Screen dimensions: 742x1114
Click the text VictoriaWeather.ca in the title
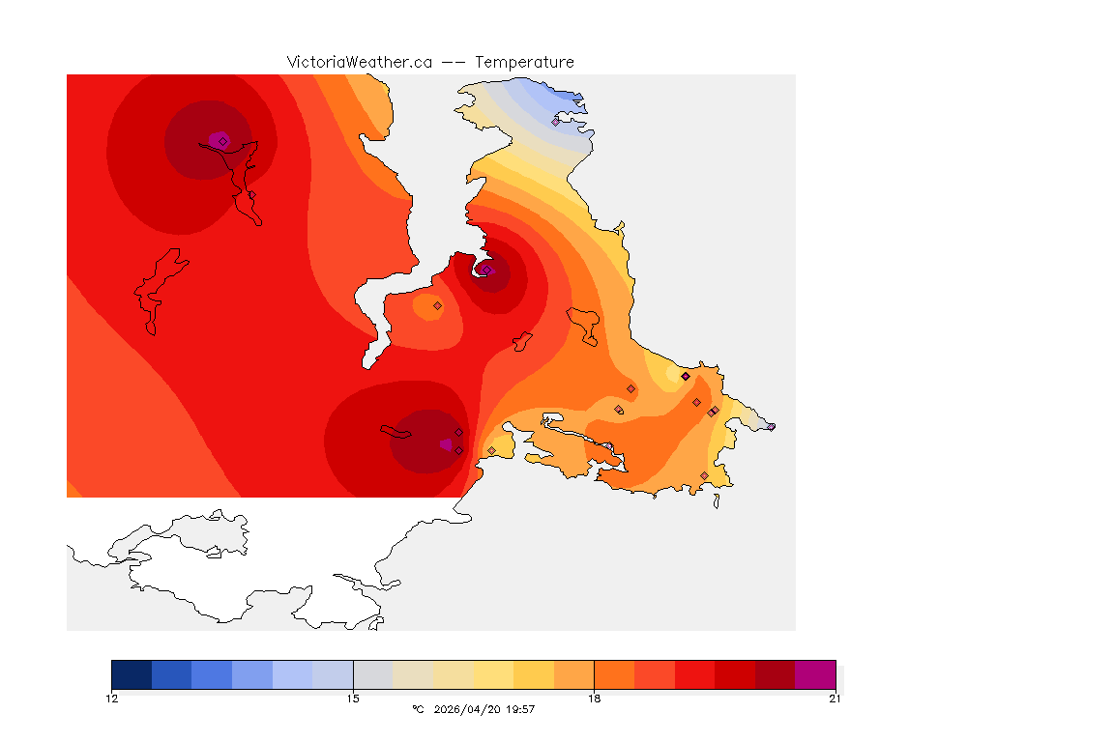359,62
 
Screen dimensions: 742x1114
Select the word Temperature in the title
524,62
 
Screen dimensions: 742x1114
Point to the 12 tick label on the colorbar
112,699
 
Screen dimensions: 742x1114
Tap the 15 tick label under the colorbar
353,699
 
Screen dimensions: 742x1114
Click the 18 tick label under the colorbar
594,699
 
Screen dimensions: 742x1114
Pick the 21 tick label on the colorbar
835,699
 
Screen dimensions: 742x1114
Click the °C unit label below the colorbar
418,709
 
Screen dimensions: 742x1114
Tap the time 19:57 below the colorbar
521,709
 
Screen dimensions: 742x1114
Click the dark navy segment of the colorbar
132,674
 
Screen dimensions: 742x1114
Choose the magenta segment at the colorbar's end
814,674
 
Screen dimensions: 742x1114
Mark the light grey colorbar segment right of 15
372,674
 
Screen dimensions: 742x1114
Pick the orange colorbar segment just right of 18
613,674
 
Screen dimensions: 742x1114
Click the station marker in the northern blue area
555,122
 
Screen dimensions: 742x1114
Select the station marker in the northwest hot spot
222,141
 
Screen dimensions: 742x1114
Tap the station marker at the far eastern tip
771,426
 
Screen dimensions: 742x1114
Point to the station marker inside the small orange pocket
437,305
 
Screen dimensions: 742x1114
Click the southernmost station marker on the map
704,475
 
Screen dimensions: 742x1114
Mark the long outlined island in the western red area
158,290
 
